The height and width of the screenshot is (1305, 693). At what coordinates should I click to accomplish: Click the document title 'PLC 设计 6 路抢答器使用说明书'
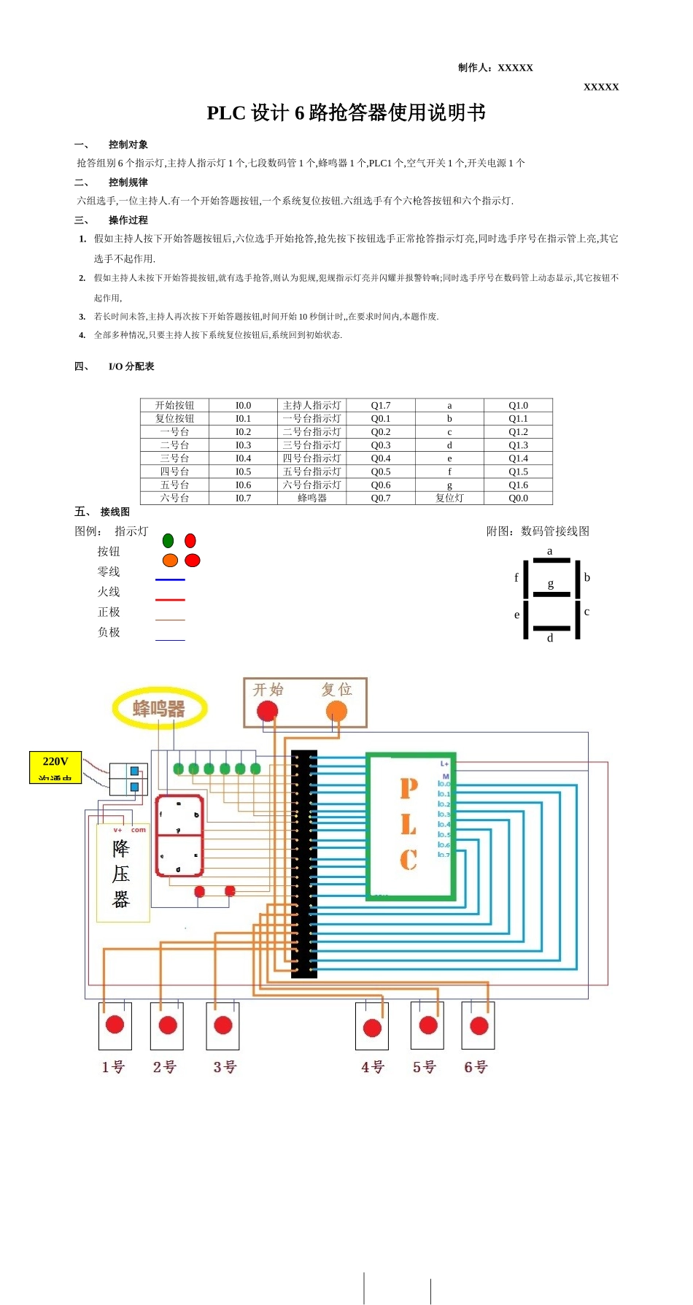(x=346, y=113)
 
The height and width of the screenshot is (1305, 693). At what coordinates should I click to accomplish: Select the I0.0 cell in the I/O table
(x=243, y=406)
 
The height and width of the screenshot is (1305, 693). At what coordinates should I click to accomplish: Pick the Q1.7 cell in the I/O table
(x=380, y=406)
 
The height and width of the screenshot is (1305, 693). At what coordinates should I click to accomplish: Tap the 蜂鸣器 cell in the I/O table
(x=311, y=498)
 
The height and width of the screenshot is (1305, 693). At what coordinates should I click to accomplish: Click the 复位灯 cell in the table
(x=449, y=498)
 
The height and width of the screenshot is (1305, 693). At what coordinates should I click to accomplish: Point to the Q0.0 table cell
(x=518, y=498)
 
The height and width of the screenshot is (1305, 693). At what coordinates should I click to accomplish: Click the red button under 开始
(x=268, y=710)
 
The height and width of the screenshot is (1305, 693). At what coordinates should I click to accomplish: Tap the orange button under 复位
(x=336, y=710)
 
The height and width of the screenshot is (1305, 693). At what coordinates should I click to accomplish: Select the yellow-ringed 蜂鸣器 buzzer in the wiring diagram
(x=159, y=708)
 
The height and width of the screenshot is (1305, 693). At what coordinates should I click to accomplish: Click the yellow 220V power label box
(x=55, y=766)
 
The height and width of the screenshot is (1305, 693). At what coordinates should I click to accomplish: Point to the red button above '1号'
(x=115, y=1025)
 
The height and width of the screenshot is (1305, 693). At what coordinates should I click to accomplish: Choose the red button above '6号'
(x=479, y=1026)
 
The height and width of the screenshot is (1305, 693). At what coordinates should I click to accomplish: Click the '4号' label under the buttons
(x=373, y=1067)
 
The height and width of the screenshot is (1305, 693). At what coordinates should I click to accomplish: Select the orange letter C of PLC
(x=409, y=860)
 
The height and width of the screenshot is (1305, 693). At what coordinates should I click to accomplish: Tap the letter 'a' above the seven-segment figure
(x=550, y=552)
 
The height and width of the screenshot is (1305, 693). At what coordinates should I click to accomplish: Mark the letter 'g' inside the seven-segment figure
(x=551, y=584)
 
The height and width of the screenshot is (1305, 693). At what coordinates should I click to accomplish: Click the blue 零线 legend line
(x=170, y=580)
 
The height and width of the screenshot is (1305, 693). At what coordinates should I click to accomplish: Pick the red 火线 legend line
(x=170, y=600)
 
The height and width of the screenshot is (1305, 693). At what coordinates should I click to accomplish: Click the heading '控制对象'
(x=128, y=145)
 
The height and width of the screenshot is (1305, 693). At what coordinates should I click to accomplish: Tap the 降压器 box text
(x=121, y=874)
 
